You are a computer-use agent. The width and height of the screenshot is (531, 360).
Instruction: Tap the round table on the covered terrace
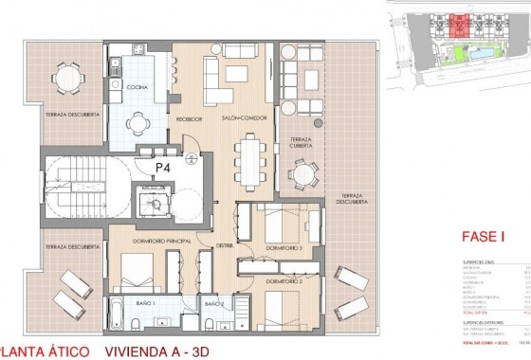click(302, 173)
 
